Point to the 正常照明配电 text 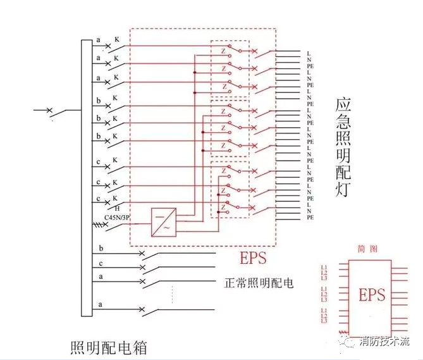[x=259, y=283]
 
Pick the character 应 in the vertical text [x=343, y=106]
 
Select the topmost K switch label [x=116, y=39]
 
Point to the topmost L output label [x=309, y=52]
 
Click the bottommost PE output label [x=310, y=217]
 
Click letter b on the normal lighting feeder [x=101, y=247]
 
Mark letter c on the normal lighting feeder [x=101, y=263]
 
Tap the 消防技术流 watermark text [x=383, y=342]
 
